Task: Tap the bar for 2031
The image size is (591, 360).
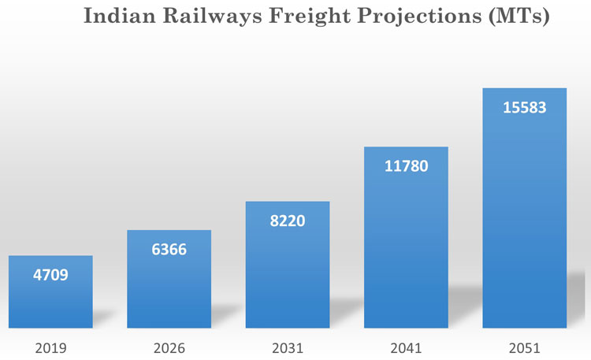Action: point(287,272)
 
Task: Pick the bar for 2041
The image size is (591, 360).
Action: point(405,244)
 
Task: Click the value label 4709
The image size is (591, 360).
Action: point(50,276)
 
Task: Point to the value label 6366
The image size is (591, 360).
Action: point(169,250)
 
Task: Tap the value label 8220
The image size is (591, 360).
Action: point(287,221)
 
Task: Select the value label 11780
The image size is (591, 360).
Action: point(405,166)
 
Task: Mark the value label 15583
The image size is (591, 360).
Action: point(524,107)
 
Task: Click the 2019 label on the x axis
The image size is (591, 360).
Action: point(50,347)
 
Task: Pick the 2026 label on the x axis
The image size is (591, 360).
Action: point(169,347)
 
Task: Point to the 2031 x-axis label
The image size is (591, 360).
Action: point(287,347)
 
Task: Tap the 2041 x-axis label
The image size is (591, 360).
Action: point(405,347)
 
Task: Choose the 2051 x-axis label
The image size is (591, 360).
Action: point(524,347)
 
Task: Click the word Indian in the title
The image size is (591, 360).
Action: point(117,17)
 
